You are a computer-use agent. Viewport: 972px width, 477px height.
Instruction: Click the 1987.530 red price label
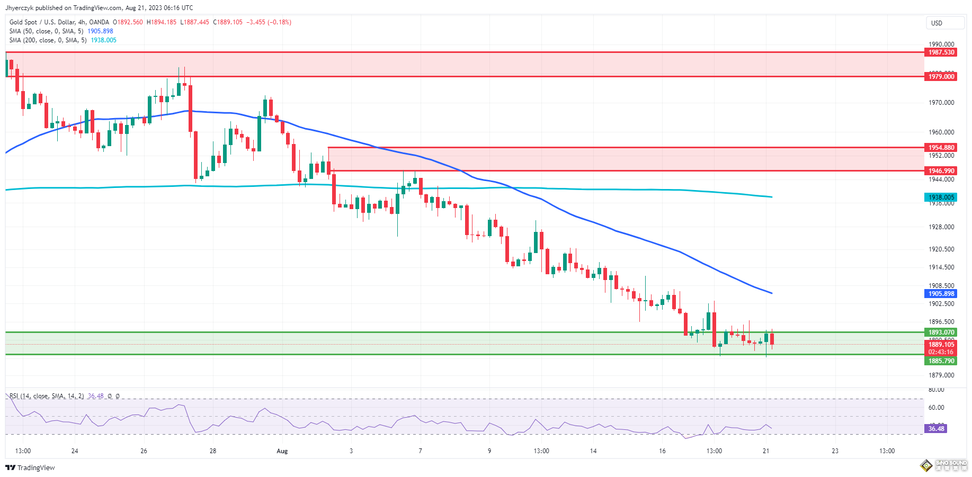click(941, 52)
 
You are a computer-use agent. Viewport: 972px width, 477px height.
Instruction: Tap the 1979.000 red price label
click(941, 77)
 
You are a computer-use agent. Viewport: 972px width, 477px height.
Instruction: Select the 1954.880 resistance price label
click(941, 148)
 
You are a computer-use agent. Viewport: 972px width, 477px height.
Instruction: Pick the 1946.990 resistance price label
click(941, 171)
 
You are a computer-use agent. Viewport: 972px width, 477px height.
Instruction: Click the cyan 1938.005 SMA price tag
click(941, 197)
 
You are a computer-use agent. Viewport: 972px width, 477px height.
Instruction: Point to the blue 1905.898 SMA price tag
click(941, 294)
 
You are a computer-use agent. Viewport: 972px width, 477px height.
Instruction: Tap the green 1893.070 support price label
click(941, 332)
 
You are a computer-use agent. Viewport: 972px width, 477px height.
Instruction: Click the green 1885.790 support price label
click(941, 361)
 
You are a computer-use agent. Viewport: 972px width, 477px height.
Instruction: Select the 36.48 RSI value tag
click(936, 429)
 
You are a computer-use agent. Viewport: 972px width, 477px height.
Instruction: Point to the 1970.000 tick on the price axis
click(941, 103)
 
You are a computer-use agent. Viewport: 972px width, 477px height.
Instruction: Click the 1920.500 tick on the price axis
click(941, 249)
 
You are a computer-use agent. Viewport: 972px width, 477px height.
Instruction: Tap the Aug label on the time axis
click(282, 451)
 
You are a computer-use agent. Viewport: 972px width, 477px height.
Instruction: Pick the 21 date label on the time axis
click(765, 451)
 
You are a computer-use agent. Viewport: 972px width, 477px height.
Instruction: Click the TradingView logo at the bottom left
click(30, 467)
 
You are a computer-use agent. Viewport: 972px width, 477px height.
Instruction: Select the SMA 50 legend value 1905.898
click(100, 31)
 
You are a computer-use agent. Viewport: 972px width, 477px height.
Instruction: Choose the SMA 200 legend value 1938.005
click(103, 40)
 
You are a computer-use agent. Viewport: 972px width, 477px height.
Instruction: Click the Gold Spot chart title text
click(59, 22)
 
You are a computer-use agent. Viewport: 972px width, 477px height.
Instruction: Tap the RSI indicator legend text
click(47, 396)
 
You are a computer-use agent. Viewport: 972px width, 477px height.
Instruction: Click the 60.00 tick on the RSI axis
click(936, 408)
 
